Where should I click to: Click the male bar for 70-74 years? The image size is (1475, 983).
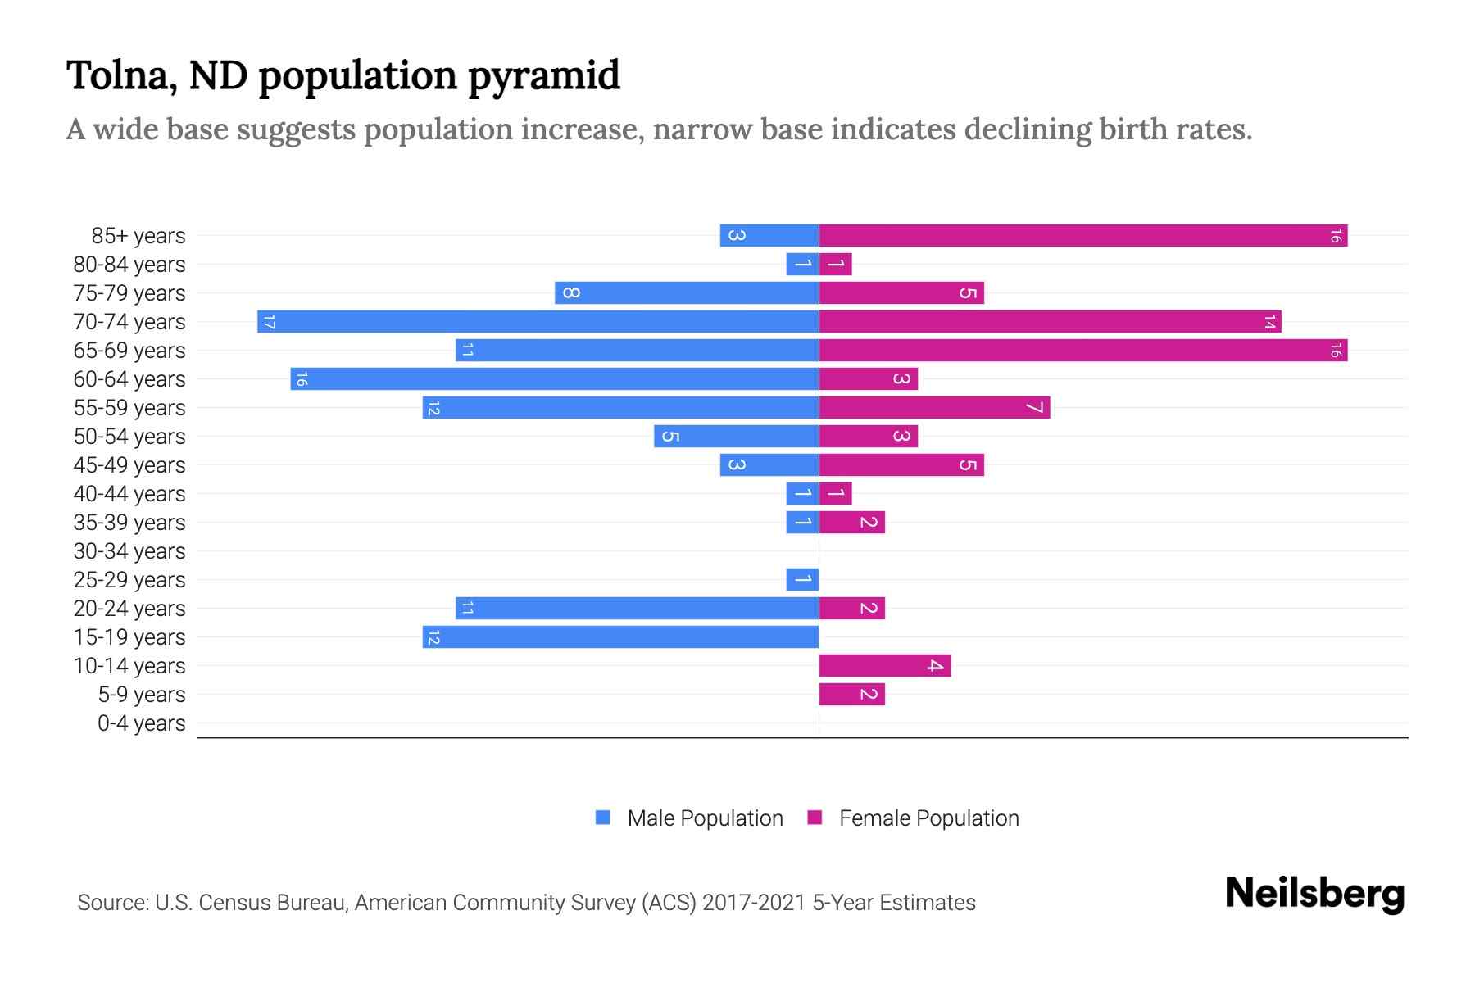coord(538,321)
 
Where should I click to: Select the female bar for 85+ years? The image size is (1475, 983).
coord(1083,235)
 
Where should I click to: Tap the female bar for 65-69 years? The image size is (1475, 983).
coord(1083,350)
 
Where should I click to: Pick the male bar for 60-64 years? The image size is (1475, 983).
coord(555,378)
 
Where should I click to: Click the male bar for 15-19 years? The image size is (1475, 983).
coord(620,636)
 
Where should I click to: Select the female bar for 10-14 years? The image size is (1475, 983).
coord(885,665)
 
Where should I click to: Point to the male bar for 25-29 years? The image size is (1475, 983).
coord(802,579)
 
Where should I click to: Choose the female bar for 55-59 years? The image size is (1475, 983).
coord(934,407)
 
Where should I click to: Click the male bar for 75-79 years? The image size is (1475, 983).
coord(687,292)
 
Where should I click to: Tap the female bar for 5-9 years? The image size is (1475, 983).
coord(852,694)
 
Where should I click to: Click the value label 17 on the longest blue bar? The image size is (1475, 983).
coord(269,321)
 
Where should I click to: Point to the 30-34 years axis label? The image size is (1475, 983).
coord(129,551)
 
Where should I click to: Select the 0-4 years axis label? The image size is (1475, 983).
coord(141,723)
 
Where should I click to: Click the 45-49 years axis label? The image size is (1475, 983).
coord(129,465)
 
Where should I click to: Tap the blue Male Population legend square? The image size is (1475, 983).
coord(603,818)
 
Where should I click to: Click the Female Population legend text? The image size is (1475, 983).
coord(928,818)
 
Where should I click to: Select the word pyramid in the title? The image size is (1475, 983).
coord(544,76)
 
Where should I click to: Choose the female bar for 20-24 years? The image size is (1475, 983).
coord(852,608)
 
